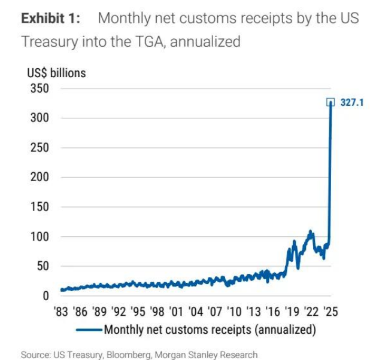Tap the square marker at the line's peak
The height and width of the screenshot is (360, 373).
(x=330, y=102)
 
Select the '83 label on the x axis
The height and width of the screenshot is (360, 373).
(x=62, y=311)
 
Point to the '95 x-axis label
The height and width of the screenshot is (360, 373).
(x=138, y=311)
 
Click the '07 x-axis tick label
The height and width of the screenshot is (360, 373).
(x=215, y=311)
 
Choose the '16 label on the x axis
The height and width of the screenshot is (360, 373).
(x=272, y=311)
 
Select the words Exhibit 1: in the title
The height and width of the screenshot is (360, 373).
(x=51, y=18)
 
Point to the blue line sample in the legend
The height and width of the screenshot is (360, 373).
(x=89, y=330)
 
